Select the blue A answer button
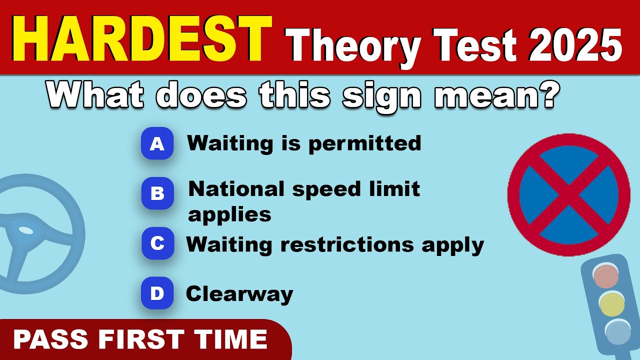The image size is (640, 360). point(157,144)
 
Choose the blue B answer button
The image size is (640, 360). point(157,193)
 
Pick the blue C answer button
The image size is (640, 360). point(157,243)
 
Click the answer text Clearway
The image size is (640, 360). point(239,294)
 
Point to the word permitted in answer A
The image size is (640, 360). point(364,144)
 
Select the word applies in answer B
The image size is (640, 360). point(229,215)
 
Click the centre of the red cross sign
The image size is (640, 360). point(568,195)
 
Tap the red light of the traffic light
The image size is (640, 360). point(605,276)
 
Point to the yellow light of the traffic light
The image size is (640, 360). point(611,303)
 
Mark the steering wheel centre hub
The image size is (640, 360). point(26,230)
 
